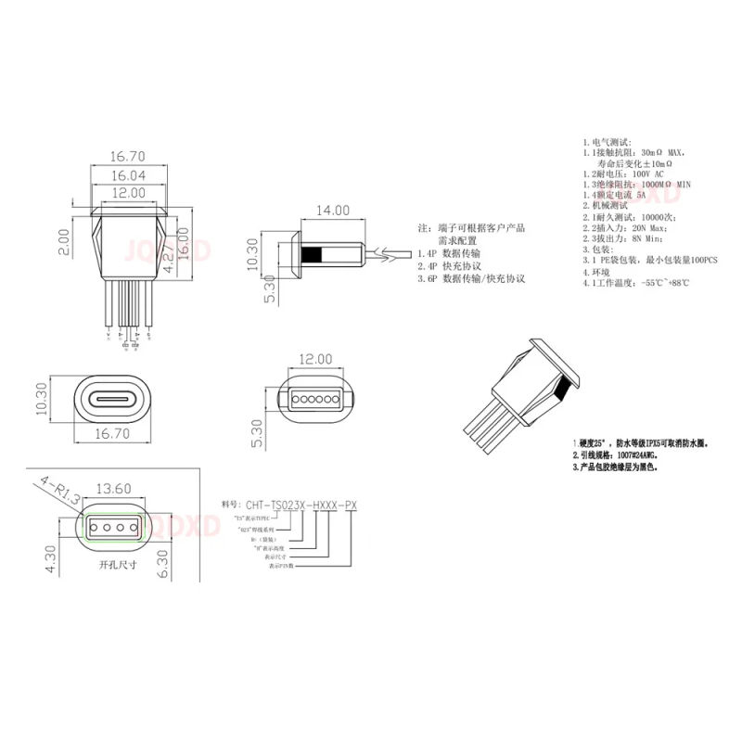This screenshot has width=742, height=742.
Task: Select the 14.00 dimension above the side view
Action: coord(332,211)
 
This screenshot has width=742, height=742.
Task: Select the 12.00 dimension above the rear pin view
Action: coord(316,359)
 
